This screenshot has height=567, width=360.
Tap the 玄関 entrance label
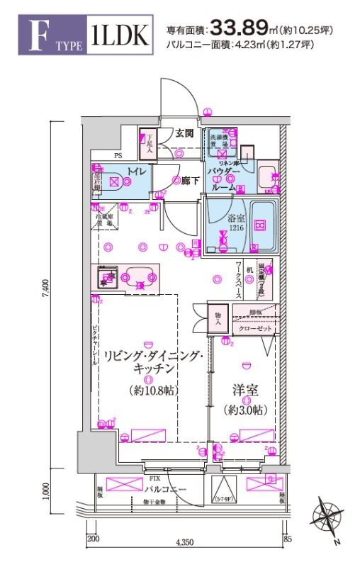[185, 132]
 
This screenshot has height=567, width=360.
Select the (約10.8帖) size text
[154, 390]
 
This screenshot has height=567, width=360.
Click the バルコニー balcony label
[167, 490]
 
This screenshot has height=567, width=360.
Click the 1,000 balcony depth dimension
[44, 490]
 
